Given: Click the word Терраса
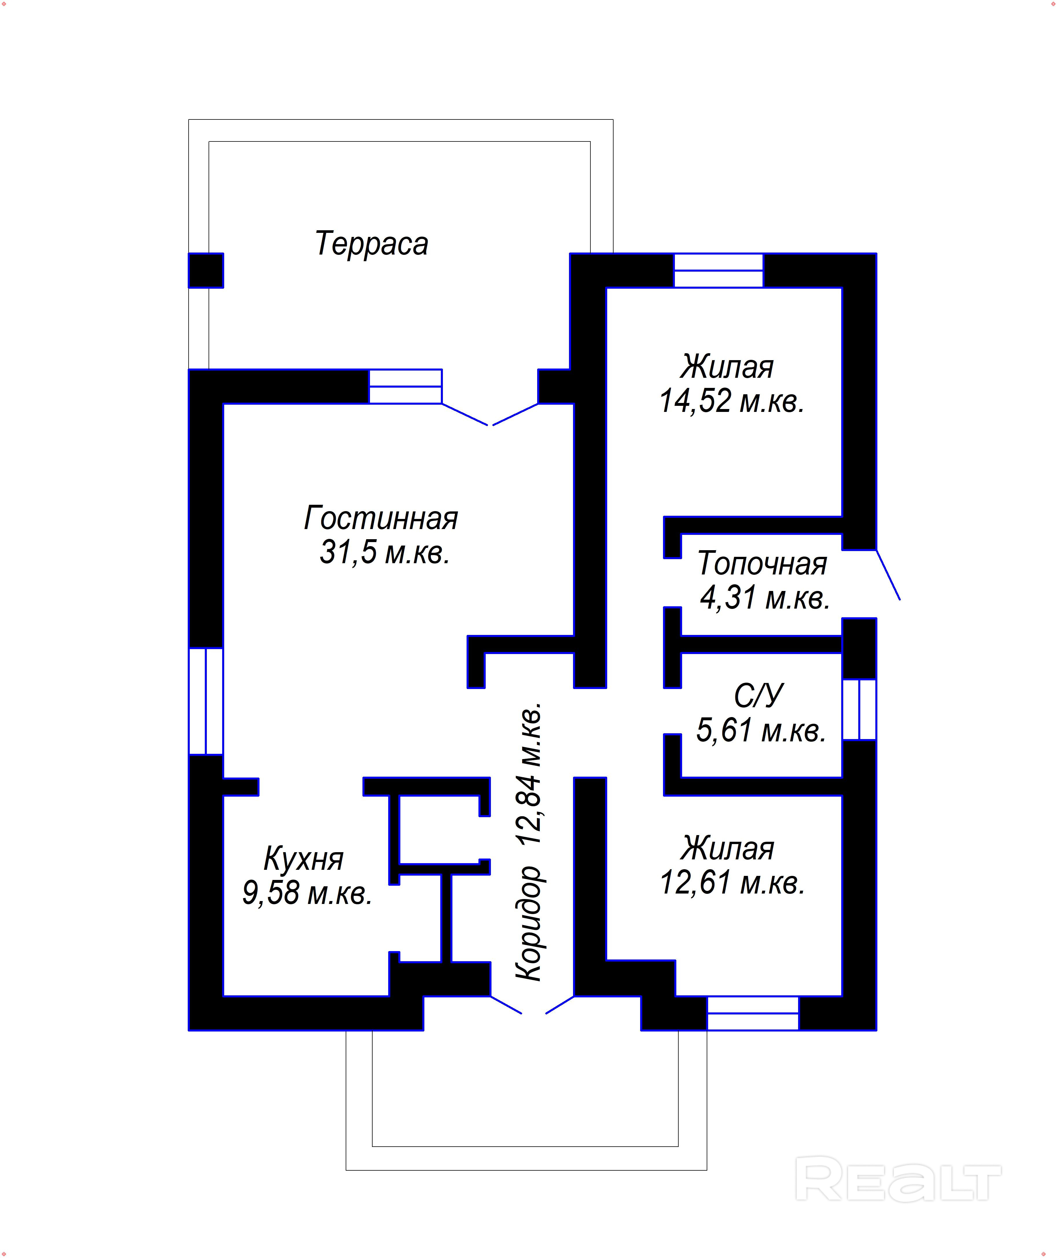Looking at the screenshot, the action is tap(371, 244).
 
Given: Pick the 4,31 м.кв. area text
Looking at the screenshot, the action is tap(765, 598).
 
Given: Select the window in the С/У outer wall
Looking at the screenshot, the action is tap(859, 709).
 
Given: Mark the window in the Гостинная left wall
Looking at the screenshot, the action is tap(206, 701).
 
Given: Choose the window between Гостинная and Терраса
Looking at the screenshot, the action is tap(405, 386).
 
